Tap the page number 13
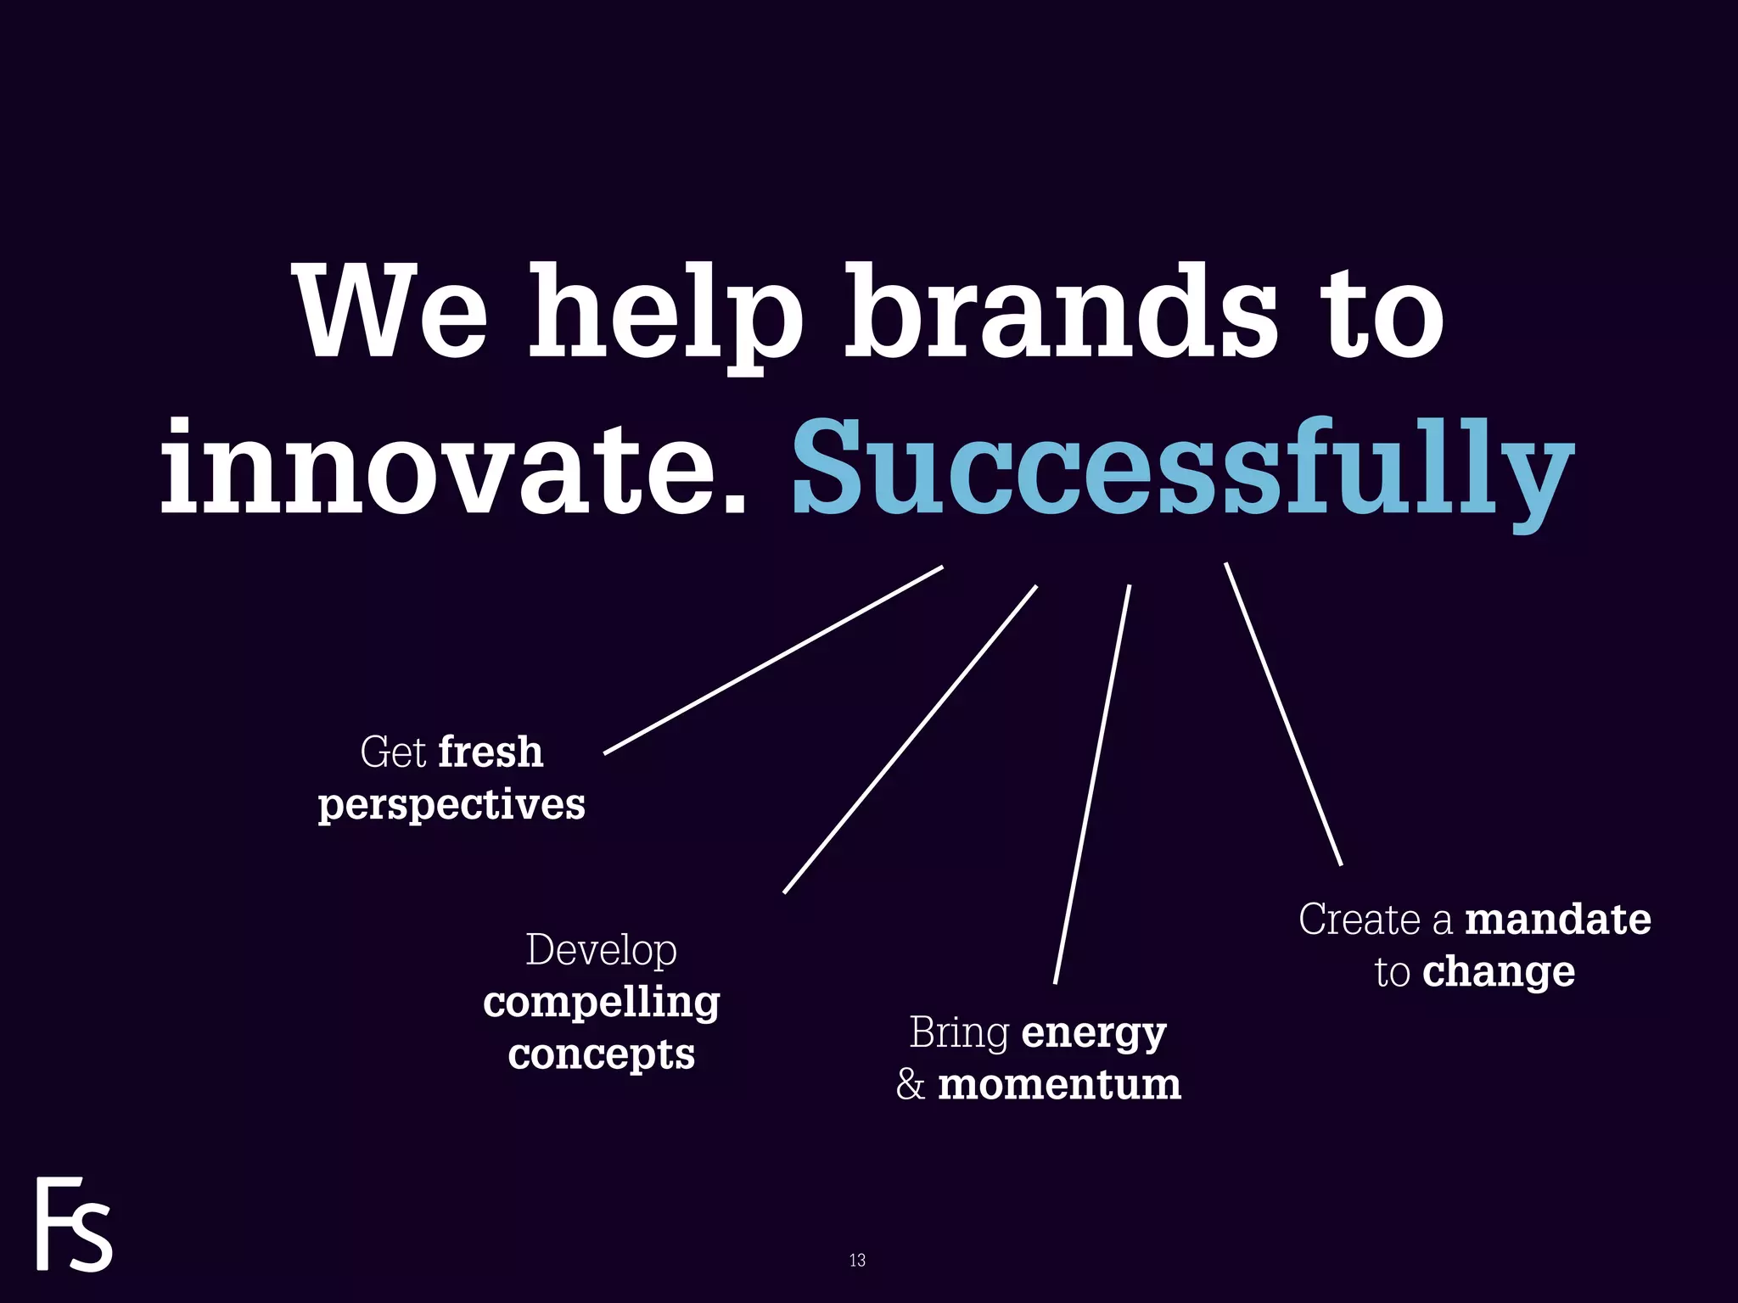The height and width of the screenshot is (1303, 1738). (857, 1260)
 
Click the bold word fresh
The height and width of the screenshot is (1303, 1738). (491, 752)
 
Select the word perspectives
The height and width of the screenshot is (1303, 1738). (451, 805)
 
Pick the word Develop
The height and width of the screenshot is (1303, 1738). (601, 949)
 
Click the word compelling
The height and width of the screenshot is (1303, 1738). (601, 1004)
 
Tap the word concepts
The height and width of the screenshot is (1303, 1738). (601, 1055)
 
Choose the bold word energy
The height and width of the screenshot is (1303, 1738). (1094, 1033)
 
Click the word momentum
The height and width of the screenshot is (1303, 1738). (1059, 1085)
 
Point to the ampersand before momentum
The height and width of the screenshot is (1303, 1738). (910, 1085)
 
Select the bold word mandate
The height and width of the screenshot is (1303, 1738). (1558, 920)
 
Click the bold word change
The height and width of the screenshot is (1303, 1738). (1499, 972)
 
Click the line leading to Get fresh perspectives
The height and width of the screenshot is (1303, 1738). (773, 659)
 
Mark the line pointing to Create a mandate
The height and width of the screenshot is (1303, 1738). (1283, 713)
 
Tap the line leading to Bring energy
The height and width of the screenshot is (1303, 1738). (1092, 784)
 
